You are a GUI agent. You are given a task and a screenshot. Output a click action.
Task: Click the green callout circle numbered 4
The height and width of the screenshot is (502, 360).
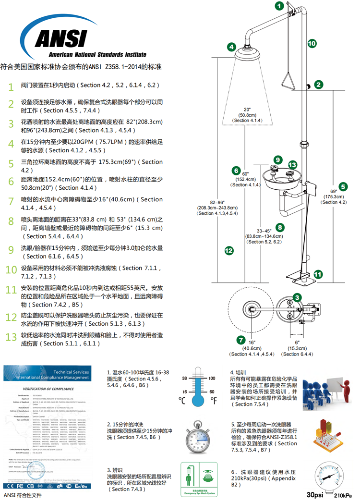(x=231, y=47)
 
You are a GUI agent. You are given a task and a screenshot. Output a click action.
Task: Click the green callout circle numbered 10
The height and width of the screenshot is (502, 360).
(x=312, y=44)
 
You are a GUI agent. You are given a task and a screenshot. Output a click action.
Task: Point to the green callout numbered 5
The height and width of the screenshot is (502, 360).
(x=342, y=186)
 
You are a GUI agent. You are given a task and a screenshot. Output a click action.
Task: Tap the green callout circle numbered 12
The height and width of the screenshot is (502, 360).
(x=229, y=250)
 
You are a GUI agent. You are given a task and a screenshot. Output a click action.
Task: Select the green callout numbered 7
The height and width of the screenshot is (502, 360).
(x=240, y=340)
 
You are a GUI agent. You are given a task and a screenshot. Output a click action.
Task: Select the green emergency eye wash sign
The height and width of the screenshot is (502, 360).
(x=198, y=478)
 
